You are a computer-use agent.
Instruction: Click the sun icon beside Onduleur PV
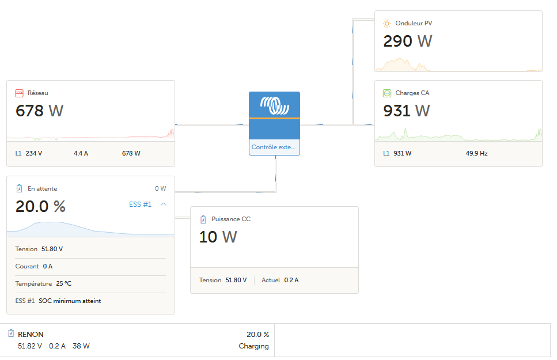pyautogui.click(x=387, y=24)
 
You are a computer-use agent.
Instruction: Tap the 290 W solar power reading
pyautogui.click(x=407, y=41)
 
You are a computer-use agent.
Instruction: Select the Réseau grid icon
pyautogui.click(x=19, y=93)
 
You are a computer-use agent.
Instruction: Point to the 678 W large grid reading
pyautogui.click(x=39, y=111)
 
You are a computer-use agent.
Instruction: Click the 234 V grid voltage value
pyautogui.click(x=34, y=153)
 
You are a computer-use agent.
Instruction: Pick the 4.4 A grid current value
pyautogui.click(x=81, y=153)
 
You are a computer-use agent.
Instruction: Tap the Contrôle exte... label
pyautogui.click(x=274, y=147)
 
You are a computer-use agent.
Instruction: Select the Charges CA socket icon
pyautogui.click(x=387, y=93)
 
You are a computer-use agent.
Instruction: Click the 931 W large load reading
pyautogui.click(x=407, y=111)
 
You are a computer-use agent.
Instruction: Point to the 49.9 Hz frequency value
pyautogui.click(x=476, y=153)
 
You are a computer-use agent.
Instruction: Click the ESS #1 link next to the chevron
pyautogui.click(x=140, y=204)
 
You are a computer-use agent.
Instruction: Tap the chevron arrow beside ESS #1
pyautogui.click(x=164, y=204)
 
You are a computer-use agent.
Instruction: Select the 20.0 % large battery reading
pyautogui.click(x=40, y=206)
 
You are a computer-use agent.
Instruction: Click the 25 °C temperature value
pyautogui.click(x=64, y=283)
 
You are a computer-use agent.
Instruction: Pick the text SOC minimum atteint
pyautogui.click(x=70, y=301)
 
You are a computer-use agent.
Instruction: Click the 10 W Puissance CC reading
pyautogui.click(x=218, y=237)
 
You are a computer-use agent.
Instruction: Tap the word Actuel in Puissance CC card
pyautogui.click(x=271, y=280)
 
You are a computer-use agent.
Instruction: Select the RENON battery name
pyautogui.click(x=31, y=334)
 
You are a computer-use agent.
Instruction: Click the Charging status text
pyautogui.click(x=253, y=346)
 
